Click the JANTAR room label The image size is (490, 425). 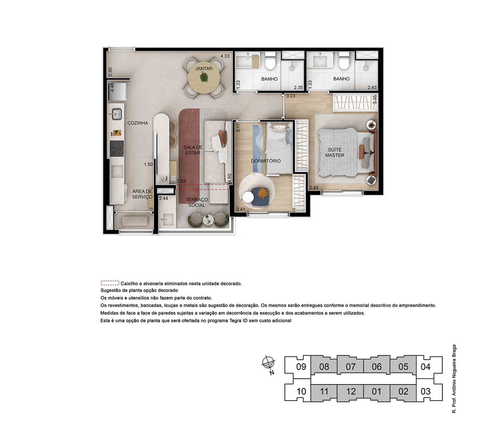coord(204,69)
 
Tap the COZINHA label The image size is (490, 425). coord(138,123)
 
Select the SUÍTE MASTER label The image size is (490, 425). coord(335,152)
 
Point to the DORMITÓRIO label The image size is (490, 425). coord(266,161)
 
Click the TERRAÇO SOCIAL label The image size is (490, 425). coord(197,202)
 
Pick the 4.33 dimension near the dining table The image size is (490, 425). coord(225,56)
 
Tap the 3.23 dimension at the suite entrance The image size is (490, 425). coord(291,96)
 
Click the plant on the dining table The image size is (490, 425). coord(204,77)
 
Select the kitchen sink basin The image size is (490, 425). coord(117,114)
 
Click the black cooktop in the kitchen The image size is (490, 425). coord(117,148)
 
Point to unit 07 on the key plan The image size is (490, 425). coord(350,367)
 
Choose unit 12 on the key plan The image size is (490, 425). coord(351,391)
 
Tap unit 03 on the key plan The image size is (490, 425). coord(426,391)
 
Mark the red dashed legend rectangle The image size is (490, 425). coord(110,283)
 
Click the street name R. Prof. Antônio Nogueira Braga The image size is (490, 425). coord(454,379)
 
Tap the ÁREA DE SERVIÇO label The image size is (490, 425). coord(142,194)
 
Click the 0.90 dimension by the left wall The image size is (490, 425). coord(110,72)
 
